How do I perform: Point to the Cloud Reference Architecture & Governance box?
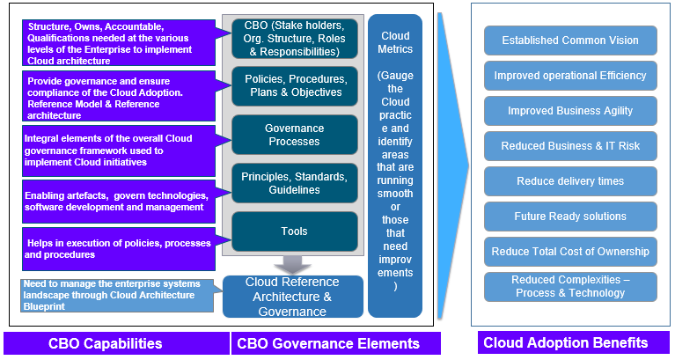(x=292, y=297)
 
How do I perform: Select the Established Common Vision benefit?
(x=571, y=40)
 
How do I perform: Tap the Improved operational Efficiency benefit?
(x=571, y=76)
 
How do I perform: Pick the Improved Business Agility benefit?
(x=571, y=111)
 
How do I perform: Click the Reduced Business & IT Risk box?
(x=571, y=146)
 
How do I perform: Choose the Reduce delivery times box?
(x=571, y=181)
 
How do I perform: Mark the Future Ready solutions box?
(x=571, y=217)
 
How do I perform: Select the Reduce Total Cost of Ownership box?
(x=571, y=252)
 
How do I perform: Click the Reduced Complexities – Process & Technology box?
(x=571, y=287)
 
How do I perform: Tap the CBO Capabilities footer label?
(x=116, y=343)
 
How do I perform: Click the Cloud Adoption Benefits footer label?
(x=566, y=342)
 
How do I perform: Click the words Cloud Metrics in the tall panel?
(x=395, y=42)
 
